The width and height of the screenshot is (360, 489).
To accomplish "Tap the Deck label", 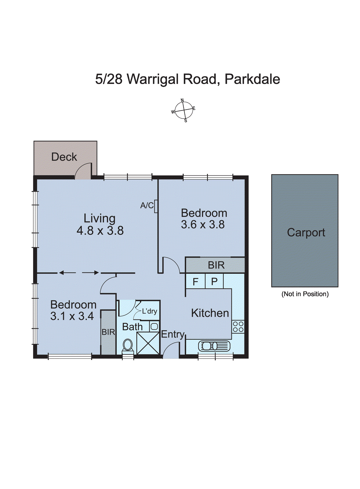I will pyautogui.click(x=64, y=157).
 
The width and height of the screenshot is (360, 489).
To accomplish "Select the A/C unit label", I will pyautogui.click(x=147, y=206).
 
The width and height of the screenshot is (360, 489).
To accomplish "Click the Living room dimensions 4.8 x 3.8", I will pyautogui.click(x=100, y=230).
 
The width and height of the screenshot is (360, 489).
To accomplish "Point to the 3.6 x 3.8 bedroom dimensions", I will pyautogui.click(x=203, y=225).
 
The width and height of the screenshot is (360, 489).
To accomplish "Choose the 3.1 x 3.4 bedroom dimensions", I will pyautogui.click(x=72, y=316).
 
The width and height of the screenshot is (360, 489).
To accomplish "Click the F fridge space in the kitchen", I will pyautogui.click(x=195, y=281).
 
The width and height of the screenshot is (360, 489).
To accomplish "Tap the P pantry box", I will pyautogui.click(x=214, y=281).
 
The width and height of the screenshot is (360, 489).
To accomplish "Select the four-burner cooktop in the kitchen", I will pyautogui.click(x=238, y=327).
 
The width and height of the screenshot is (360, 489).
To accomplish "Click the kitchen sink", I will pyautogui.click(x=214, y=346).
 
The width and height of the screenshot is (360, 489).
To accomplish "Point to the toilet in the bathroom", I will pyautogui.click(x=128, y=345).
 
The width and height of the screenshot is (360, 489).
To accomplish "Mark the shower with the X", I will pyautogui.click(x=148, y=343).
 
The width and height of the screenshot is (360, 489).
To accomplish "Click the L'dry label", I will pyautogui.click(x=150, y=311).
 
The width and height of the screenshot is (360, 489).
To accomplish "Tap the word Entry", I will pyautogui.click(x=173, y=334).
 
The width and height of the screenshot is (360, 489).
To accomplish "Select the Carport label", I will pyautogui.click(x=306, y=233).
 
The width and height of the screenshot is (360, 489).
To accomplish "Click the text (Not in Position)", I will pyautogui.click(x=305, y=294).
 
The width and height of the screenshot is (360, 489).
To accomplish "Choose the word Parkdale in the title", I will pyautogui.click(x=252, y=79).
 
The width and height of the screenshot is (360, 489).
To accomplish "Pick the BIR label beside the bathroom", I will pyautogui.click(x=108, y=332).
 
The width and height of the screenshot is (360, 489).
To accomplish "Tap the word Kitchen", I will pyautogui.click(x=210, y=313).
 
